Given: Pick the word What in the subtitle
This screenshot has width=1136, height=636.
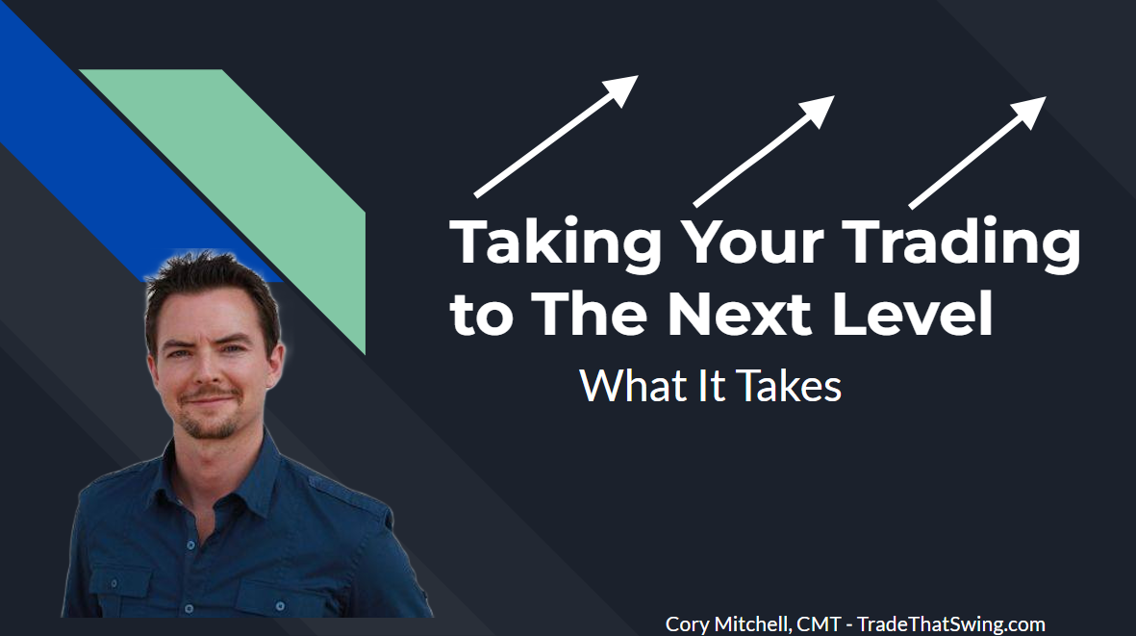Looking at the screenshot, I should [x=621, y=386].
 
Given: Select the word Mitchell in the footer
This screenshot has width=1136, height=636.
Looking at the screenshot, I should [x=752, y=623].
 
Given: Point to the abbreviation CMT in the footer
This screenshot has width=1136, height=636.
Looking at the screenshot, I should [x=818, y=623].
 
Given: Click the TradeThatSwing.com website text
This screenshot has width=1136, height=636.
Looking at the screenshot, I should [x=951, y=623].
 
